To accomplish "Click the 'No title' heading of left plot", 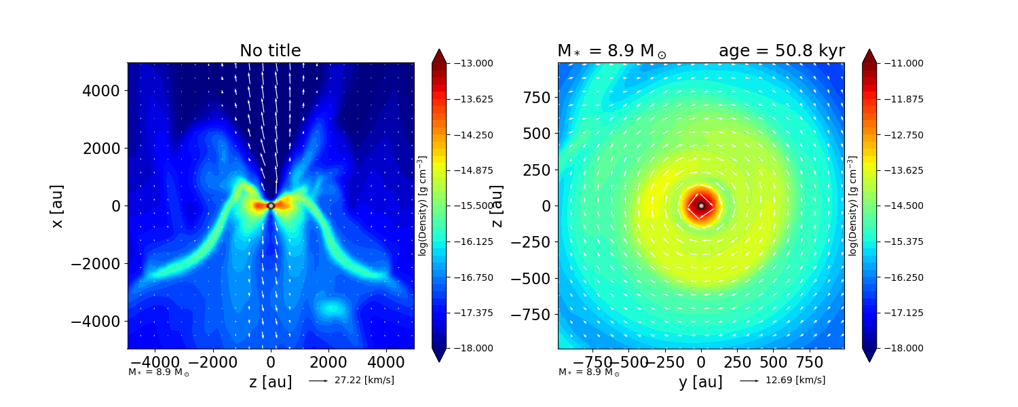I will coord(270,51).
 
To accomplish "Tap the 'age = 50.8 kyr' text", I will coord(781,51).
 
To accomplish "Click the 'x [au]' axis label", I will coord(58,206).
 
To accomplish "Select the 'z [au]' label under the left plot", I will coord(271,382).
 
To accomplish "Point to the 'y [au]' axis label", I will coord(700,382).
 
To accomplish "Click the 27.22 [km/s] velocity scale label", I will coord(364,380).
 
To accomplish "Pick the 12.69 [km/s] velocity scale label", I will coord(795,380).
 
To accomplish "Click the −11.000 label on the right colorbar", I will coord(900,63).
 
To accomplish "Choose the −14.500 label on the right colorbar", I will coord(900,206).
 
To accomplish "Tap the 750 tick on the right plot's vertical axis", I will coord(536,97).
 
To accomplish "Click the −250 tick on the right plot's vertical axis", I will coord(530,241).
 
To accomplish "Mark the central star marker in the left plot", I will coord(271,206).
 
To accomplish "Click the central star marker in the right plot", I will coord(701,206).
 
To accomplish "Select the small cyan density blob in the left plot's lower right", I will coord(333,309).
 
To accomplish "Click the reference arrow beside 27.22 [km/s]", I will coord(318,381).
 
